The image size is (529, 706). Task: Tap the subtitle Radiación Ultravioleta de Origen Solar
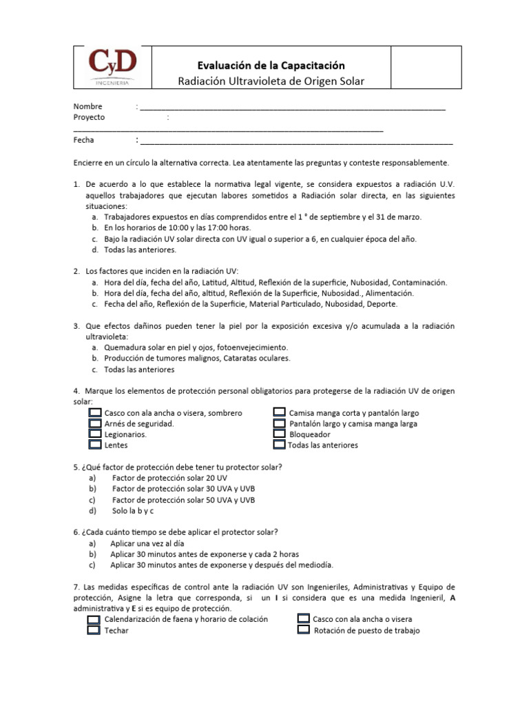(271, 81)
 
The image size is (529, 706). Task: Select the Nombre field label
(88, 106)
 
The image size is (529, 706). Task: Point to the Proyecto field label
(90, 117)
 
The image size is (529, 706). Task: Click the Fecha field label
(84, 140)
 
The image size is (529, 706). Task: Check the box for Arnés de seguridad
(95, 423)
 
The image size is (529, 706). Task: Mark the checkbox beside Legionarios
(95, 434)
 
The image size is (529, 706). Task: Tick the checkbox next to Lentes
(95, 445)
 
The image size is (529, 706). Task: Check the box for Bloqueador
(279, 434)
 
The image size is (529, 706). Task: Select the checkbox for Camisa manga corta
(279, 412)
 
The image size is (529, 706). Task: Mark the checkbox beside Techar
(94, 630)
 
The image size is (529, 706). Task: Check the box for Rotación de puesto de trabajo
(304, 630)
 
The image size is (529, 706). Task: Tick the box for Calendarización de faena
(94, 619)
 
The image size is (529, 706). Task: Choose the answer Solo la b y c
(133, 511)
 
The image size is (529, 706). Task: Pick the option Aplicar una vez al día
(147, 543)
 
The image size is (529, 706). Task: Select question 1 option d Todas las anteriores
(140, 250)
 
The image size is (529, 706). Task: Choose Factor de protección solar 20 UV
(169, 478)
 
